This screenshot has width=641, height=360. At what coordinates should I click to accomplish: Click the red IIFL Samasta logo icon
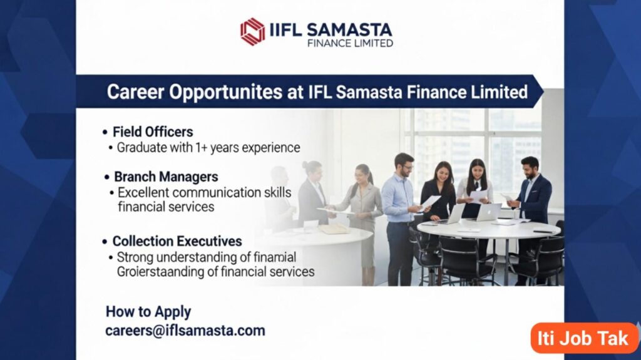(253, 31)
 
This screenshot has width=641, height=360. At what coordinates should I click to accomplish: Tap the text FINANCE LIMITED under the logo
(350, 43)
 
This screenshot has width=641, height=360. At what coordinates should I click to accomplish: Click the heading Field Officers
(153, 132)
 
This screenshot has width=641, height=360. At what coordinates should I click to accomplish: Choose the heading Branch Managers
(166, 177)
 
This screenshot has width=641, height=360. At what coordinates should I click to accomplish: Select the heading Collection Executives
(177, 241)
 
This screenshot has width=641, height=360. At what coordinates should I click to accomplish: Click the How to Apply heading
(148, 312)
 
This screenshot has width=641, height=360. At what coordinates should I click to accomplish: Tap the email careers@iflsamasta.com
(185, 331)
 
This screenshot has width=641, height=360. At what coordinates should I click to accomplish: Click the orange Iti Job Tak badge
(583, 338)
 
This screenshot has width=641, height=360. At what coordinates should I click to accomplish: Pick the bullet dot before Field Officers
(105, 133)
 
